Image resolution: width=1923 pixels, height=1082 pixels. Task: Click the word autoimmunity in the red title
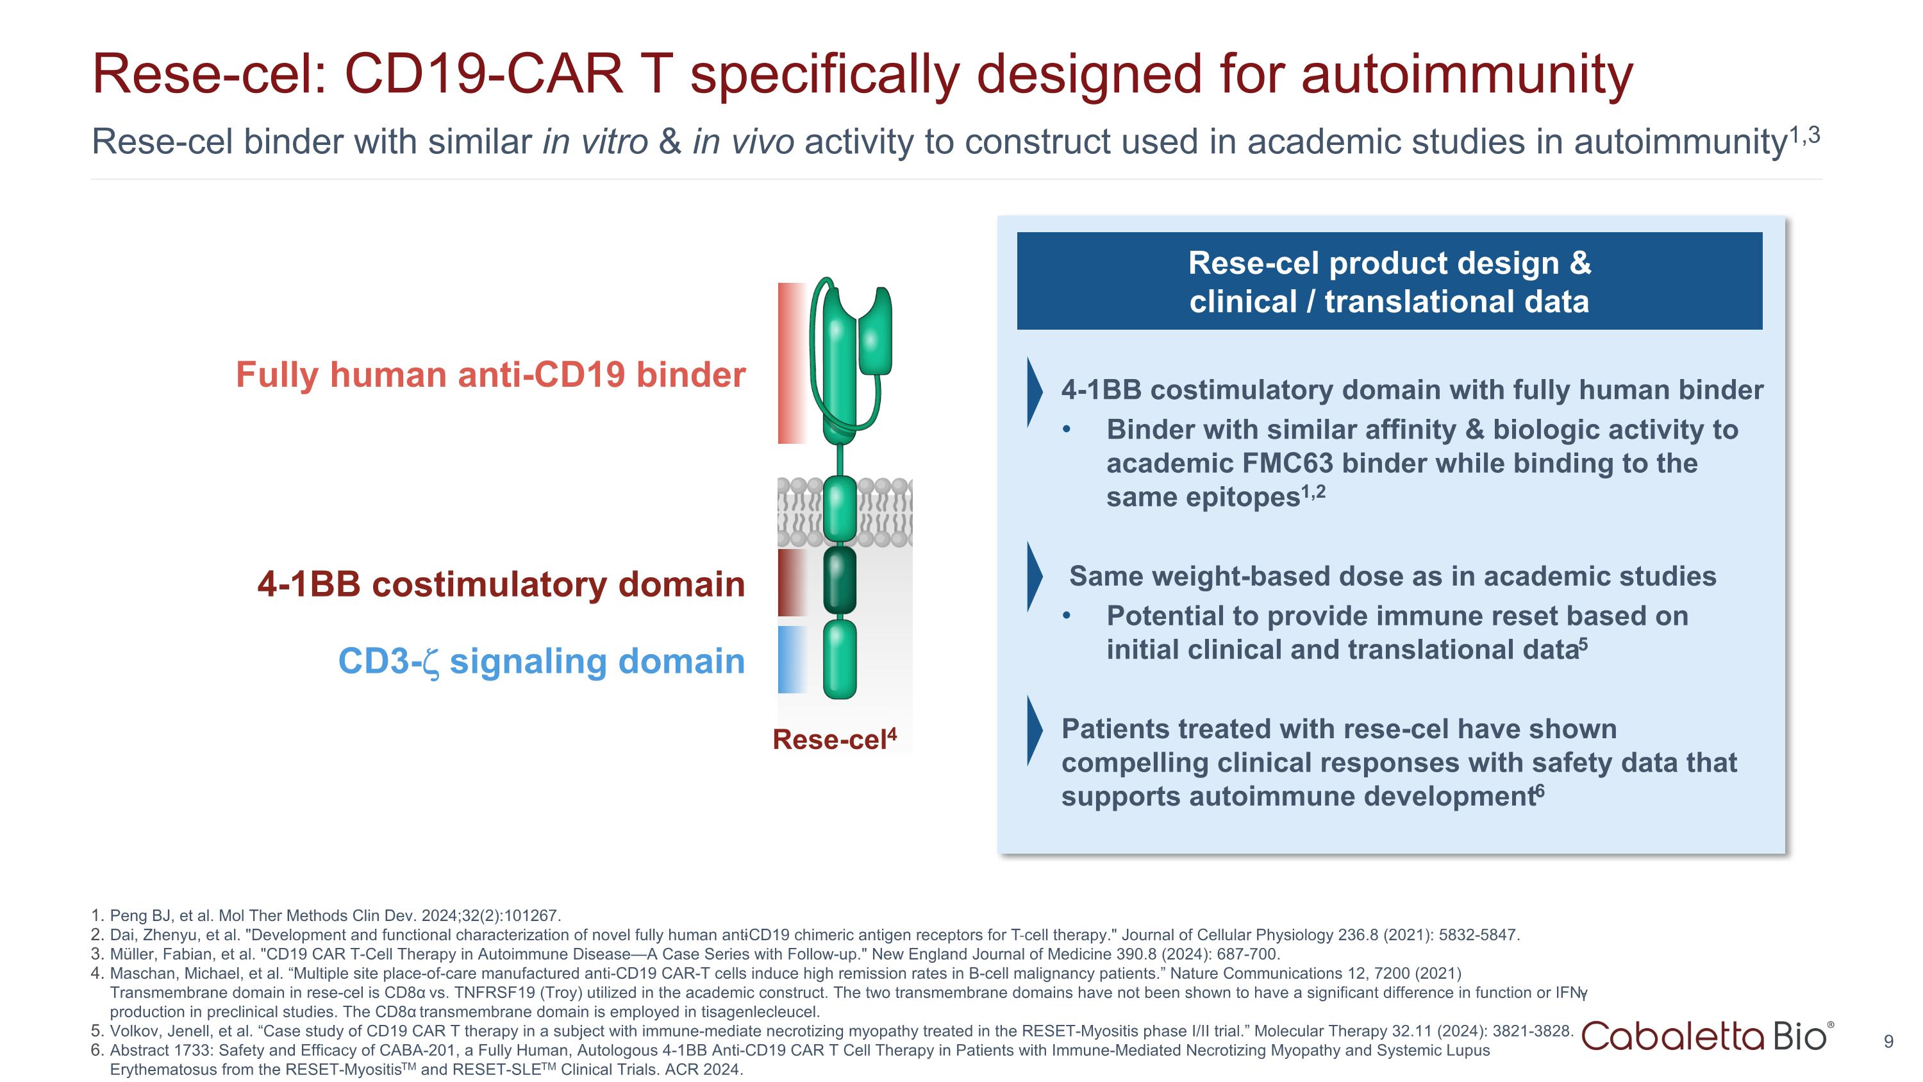(1467, 74)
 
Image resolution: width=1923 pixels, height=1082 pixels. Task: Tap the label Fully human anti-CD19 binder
(490, 375)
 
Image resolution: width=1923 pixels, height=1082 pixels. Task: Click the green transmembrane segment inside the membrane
(840, 510)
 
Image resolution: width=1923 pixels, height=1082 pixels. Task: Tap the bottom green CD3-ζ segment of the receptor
(840, 659)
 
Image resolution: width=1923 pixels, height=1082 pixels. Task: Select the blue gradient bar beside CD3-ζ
(791, 659)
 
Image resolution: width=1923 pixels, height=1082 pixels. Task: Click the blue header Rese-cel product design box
(1389, 282)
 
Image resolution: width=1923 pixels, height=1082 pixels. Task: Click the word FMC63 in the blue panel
(1287, 464)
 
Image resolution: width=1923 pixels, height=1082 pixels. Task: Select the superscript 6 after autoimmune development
(1540, 791)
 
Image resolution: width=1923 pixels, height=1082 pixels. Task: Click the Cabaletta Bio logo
(1706, 1036)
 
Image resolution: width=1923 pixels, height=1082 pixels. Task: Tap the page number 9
(1888, 1042)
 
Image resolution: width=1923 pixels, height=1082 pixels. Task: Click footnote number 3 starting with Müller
(96, 954)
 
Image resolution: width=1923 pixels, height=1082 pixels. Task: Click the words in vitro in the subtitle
(595, 142)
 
